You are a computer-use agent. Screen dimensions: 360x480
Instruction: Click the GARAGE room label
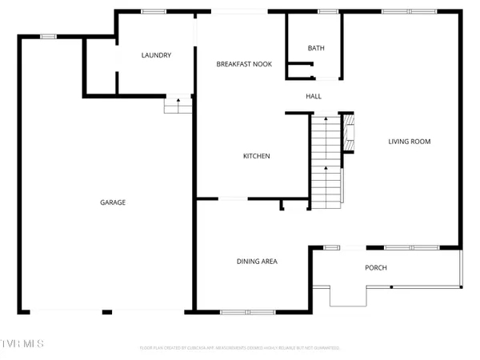(112, 202)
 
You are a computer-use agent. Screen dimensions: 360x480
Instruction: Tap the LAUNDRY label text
(156, 55)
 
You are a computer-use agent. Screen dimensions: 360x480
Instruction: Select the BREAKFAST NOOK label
(241, 63)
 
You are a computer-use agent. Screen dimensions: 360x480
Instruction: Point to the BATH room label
(316, 49)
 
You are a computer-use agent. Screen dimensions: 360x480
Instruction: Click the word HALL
(314, 96)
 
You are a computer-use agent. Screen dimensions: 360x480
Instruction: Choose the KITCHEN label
(256, 156)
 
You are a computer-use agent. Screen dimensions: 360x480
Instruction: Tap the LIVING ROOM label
(410, 142)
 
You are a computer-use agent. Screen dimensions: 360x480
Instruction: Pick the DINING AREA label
(257, 261)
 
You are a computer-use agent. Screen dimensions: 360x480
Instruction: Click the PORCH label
(376, 267)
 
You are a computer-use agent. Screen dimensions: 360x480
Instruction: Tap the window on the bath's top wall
(328, 11)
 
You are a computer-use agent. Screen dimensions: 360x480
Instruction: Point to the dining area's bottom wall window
(242, 310)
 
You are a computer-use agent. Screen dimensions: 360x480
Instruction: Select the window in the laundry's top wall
(154, 11)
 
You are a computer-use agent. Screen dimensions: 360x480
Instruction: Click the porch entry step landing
(350, 296)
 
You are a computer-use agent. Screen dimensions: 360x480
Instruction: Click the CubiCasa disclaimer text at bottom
(240, 348)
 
